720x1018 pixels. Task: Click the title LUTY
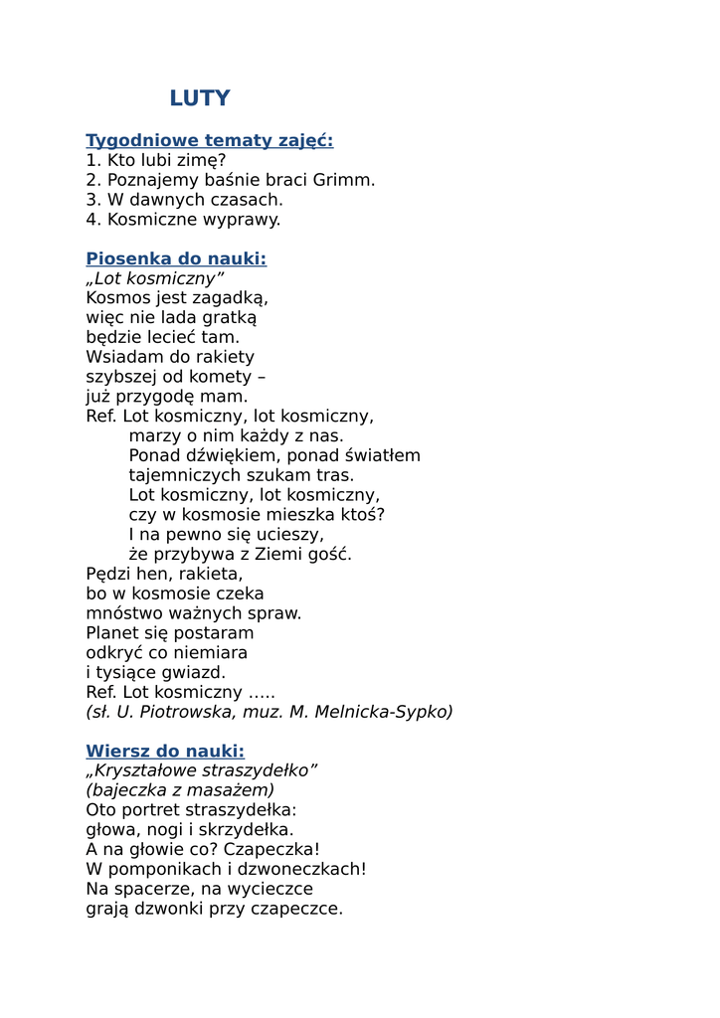pos(199,98)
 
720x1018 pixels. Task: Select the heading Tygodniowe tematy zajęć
pos(209,140)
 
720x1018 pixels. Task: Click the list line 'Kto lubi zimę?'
pos(156,160)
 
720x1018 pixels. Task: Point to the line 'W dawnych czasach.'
pos(184,200)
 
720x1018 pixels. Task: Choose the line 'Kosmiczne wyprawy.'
pos(183,220)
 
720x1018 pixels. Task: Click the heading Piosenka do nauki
pos(176,259)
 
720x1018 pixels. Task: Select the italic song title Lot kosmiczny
pos(155,279)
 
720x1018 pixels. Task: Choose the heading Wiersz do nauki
pos(165,751)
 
